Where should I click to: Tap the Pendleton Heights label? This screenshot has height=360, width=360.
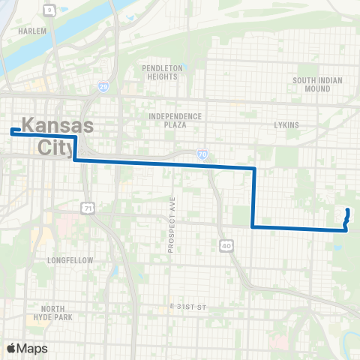click(x=162, y=72)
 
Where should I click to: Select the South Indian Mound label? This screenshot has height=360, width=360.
click(x=317, y=84)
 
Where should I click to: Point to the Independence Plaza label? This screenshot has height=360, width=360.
click(x=175, y=121)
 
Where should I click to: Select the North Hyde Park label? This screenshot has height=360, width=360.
click(x=59, y=313)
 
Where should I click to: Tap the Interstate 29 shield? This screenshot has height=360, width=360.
click(x=103, y=88)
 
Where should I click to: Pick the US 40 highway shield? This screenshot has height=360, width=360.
click(x=226, y=244)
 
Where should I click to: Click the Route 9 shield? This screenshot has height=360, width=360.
click(x=50, y=10)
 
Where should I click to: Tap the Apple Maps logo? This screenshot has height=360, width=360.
click(x=27, y=348)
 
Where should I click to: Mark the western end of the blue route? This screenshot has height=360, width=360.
click(x=12, y=131)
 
